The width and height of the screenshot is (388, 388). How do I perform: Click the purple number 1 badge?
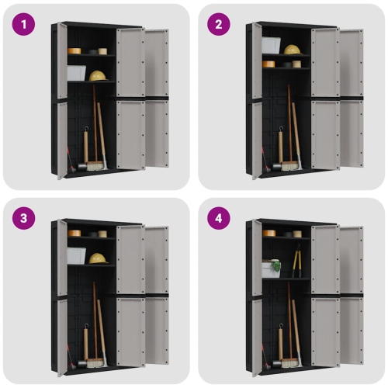pos(24,24)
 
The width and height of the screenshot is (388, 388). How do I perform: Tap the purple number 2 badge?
pos(219,24)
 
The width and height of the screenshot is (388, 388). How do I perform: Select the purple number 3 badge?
pos(24,218)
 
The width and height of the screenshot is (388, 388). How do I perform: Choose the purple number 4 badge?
pos(219,218)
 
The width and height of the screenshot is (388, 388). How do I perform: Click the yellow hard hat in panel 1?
pos(98,75)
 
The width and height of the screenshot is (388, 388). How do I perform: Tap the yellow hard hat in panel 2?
pos(292,50)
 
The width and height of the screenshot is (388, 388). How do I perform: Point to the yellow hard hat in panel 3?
pos(98,258)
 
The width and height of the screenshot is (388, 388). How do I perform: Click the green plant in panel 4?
pos(275,265)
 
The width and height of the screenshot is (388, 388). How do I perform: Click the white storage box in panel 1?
pos(76,72)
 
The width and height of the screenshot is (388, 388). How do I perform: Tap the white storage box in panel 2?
pos(271,45)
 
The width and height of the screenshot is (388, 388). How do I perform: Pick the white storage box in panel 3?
pos(76,255)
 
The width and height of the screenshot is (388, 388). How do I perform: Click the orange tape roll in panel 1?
pos(74,50)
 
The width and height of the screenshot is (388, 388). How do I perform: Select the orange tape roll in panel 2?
pos(268,64)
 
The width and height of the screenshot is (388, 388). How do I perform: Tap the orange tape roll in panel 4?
pos(268,232)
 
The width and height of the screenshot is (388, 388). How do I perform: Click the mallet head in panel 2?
pos(275,166)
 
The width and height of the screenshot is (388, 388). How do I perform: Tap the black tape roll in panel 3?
pos(102,233)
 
